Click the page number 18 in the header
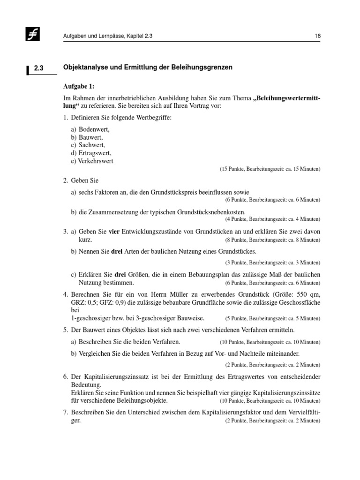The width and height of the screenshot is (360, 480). tap(317, 37)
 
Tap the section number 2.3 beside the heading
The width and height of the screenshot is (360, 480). tap(38, 68)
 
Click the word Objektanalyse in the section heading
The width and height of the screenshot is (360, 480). tap(84, 67)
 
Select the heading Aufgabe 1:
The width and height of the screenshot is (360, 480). tap(79, 87)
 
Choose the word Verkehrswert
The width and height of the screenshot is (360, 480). tap(96, 161)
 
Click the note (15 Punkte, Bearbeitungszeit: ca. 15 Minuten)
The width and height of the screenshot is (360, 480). tap(270, 169)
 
